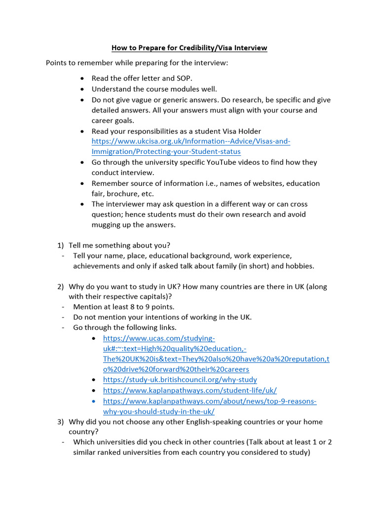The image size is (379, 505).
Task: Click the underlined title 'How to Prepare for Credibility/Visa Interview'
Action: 189,48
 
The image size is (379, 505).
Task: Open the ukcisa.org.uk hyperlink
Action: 191,142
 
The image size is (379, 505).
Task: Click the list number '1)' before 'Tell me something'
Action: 61,245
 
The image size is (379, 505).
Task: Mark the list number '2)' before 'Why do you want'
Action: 61,287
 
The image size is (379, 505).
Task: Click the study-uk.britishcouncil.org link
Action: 180,380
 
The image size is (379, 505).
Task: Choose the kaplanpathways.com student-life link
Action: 189,390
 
